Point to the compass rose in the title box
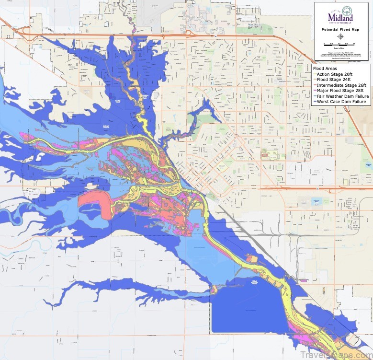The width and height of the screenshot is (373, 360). tap(341, 36)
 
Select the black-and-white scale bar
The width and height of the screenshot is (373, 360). tap(341, 44)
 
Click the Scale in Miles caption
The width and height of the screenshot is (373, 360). tap(341, 47)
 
